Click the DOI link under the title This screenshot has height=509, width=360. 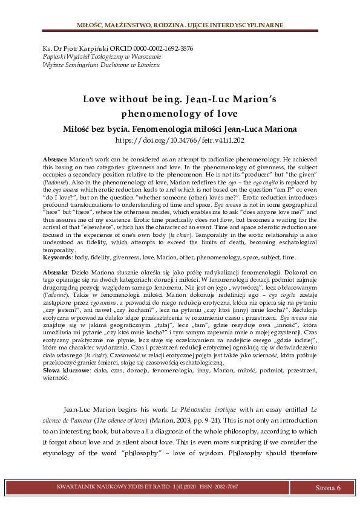(179, 140)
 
